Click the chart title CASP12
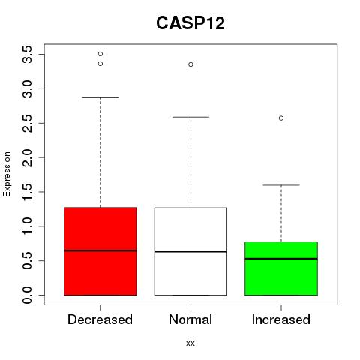190,23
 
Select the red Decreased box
100,251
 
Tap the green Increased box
281,268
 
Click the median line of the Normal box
190,251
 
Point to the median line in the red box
100,250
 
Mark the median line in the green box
281,259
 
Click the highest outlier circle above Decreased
100,54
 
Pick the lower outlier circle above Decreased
100,64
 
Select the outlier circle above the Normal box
190,64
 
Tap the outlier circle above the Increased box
281,118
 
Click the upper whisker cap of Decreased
100,97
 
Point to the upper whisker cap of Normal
190,117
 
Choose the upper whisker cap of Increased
281,185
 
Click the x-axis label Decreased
100,319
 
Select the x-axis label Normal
190,319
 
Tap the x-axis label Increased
281,319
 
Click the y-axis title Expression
7,175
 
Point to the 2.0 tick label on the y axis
27,157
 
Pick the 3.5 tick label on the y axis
27,55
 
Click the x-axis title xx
190,343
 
